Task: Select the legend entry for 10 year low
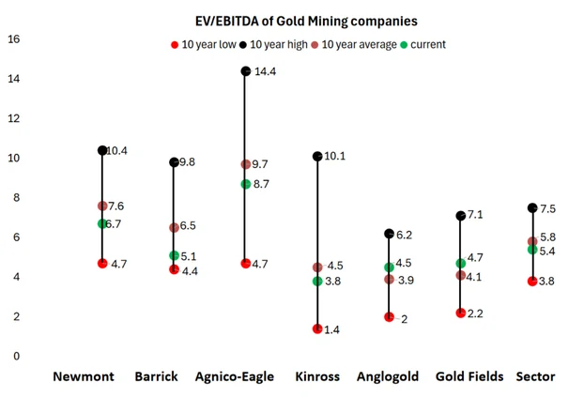pyautogui.click(x=206, y=44)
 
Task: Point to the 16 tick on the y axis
pyautogui.click(x=13, y=39)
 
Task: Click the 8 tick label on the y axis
pyautogui.click(x=13, y=198)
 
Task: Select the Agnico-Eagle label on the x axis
pyautogui.click(x=235, y=376)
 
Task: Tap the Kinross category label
pyautogui.click(x=317, y=376)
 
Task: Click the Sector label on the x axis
pyautogui.click(x=535, y=376)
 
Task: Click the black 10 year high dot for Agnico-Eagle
pyautogui.click(x=246, y=71)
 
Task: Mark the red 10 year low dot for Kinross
pyautogui.click(x=317, y=328)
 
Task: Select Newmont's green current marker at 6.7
pyautogui.click(x=102, y=223)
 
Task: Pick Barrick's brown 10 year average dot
pyautogui.click(x=174, y=227)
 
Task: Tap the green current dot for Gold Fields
pyautogui.click(x=461, y=264)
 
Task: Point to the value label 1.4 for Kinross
pyautogui.click(x=332, y=329)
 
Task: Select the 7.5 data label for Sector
pyautogui.click(x=547, y=209)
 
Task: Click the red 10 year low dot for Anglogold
pyautogui.click(x=389, y=317)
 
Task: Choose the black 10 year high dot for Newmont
pyautogui.click(x=102, y=150)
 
